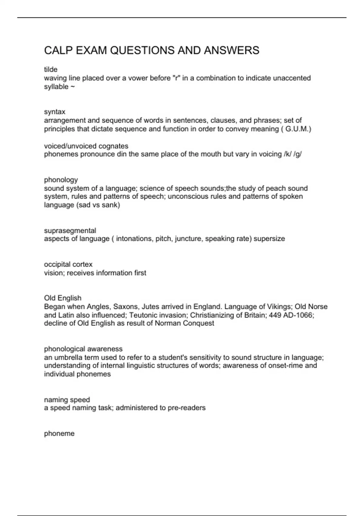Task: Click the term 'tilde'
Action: point(51,70)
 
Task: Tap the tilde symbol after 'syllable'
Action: point(73,87)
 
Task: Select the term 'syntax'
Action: point(55,112)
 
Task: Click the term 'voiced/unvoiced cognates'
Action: point(86,146)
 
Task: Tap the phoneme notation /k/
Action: point(287,154)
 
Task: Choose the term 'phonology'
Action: point(61,180)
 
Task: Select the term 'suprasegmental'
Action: point(70,230)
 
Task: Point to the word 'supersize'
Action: point(269,239)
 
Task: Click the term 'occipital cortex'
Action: point(68,264)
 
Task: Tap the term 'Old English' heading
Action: point(63,298)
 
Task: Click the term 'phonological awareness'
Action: point(83,349)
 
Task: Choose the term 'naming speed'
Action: point(67,399)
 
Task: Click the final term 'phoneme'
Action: point(59,433)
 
